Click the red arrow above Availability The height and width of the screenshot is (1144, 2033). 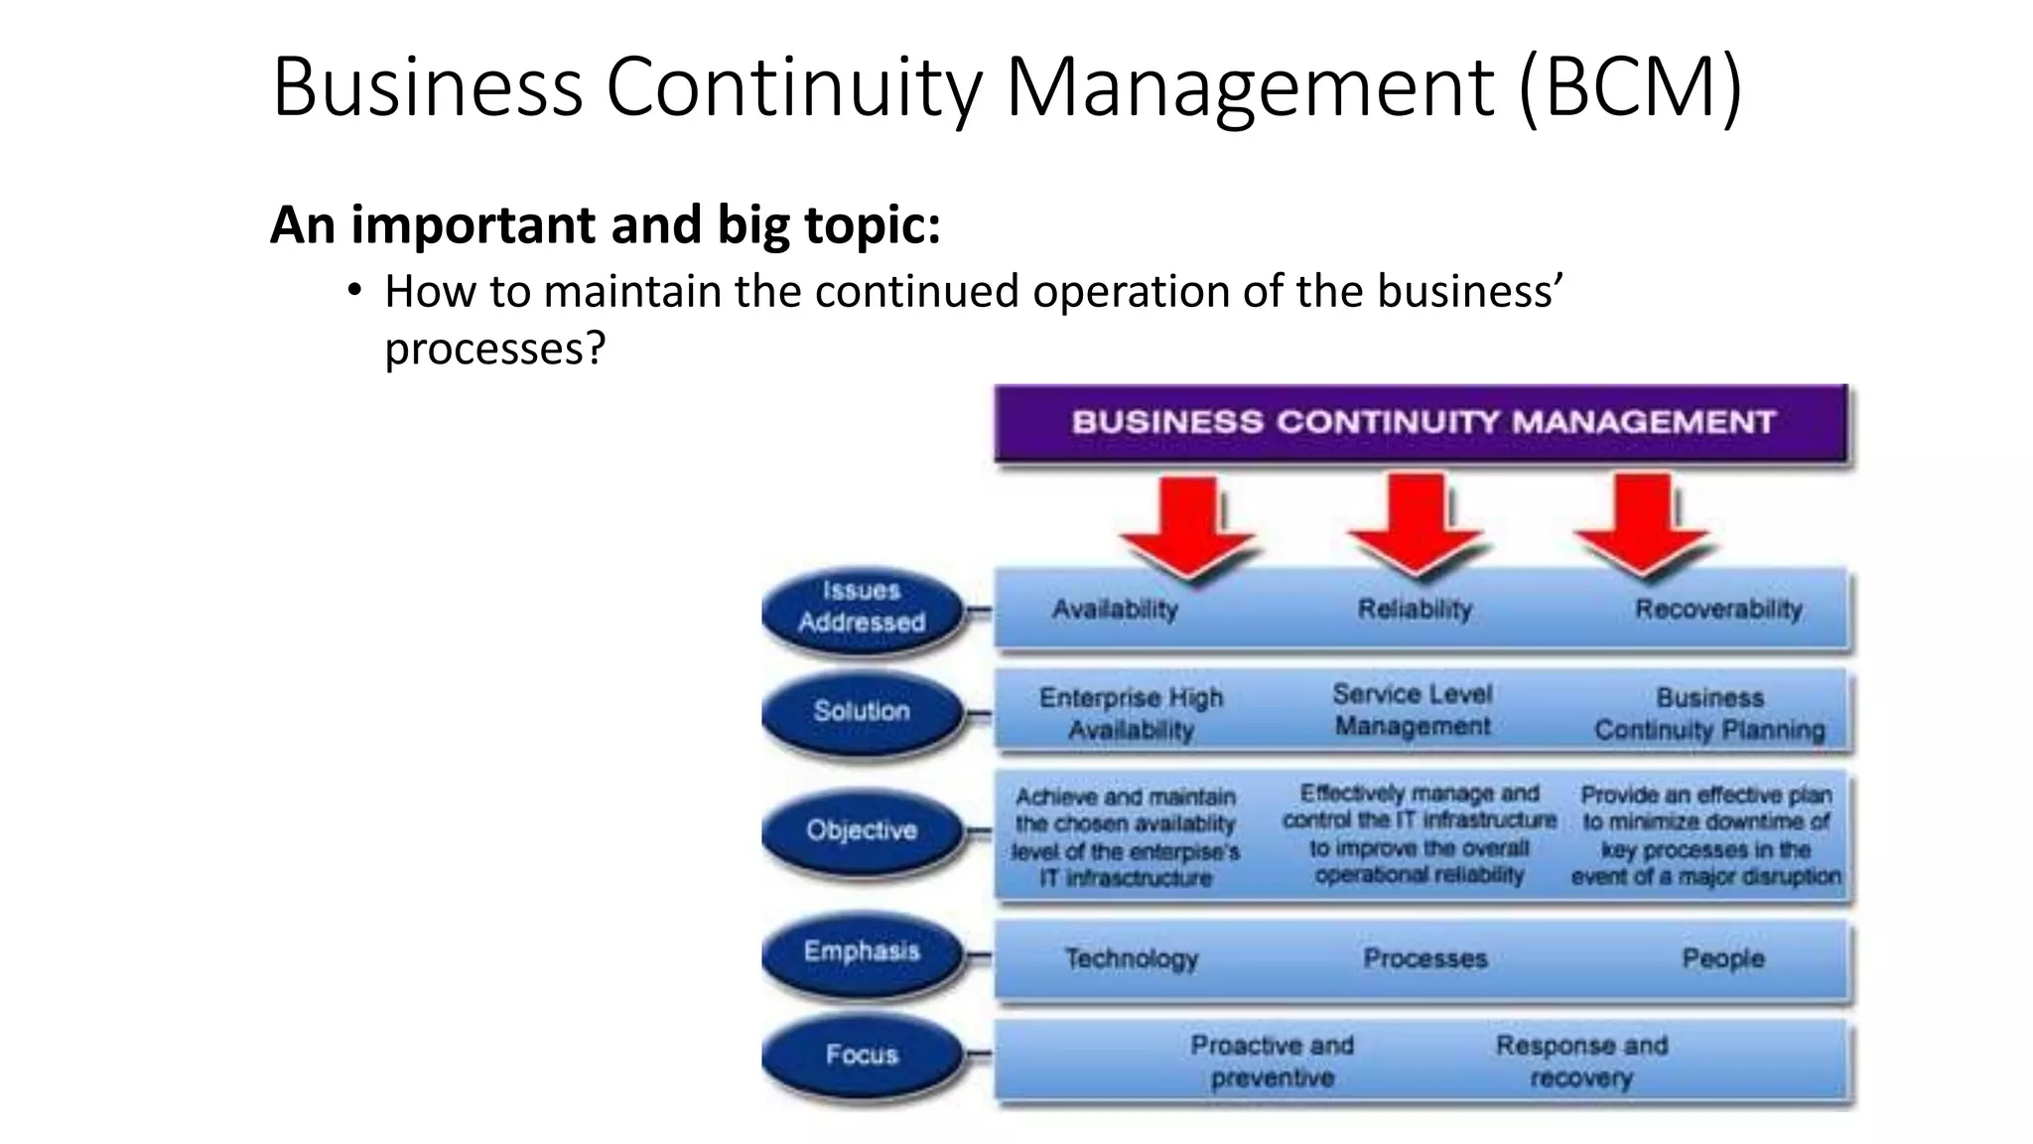tap(1188, 526)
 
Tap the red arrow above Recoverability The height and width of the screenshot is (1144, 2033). tap(1643, 526)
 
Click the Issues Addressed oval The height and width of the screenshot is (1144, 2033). tap(862, 607)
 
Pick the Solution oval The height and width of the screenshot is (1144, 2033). tap(862, 711)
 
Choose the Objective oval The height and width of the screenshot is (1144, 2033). tap(862, 830)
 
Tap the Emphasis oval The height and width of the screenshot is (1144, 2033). tap(862, 951)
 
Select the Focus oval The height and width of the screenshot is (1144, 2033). tap(862, 1054)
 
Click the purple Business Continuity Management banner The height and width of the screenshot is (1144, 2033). tap(1422, 423)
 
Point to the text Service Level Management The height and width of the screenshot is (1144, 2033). tap(1413, 710)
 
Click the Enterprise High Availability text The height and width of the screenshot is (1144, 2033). tap(1131, 714)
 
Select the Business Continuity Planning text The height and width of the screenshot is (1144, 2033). tap(1709, 714)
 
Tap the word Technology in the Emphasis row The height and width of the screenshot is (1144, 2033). tap(1132, 958)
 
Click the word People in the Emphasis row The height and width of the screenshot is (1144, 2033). tap(1722, 958)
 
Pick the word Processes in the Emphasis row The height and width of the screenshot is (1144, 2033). tap(1424, 958)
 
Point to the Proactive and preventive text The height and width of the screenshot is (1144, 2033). tap(1272, 1061)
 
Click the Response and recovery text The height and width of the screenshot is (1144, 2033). tap(1581, 1061)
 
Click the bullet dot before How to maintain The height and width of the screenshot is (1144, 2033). tap(354, 291)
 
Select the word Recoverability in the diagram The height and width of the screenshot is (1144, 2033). tap(1718, 609)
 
